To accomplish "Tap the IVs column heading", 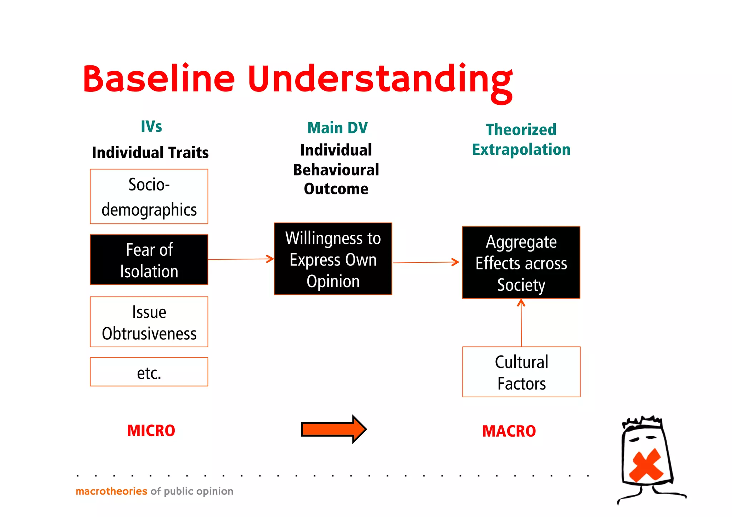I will (x=151, y=126).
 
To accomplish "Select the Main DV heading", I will (x=337, y=128).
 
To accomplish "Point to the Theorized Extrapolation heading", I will (x=521, y=139).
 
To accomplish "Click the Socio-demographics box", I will (x=149, y=197).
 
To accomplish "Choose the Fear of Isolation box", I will (x=149, y=260).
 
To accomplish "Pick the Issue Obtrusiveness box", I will (x=149, y=322).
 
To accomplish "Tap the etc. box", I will (x=149, y=372).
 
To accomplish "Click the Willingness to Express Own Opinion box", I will (x=333, y=259).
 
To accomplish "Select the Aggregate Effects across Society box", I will (x=521, y=263).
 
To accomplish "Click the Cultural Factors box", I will (x=521, y=372).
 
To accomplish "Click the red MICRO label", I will (x=151, y=431).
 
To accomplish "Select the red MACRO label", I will (x=509, y=431).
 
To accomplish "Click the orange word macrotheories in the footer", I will (x=112, y=491).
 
